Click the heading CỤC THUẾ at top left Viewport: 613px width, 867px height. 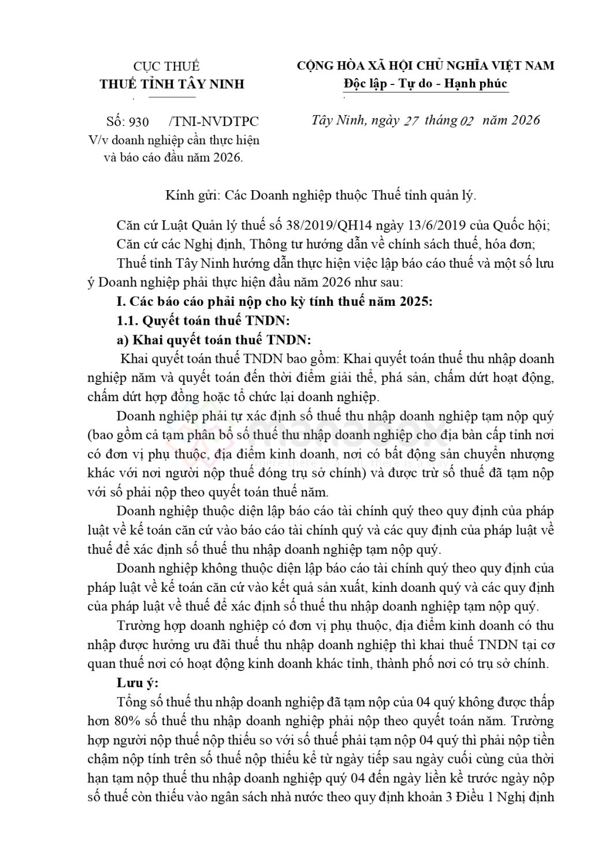(166, 66)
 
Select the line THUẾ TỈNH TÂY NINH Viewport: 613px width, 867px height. (172, 84)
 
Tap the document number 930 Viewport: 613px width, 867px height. (139, 121)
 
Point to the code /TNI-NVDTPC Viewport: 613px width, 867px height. (214, 121)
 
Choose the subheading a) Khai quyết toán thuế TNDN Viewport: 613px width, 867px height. (213, 339)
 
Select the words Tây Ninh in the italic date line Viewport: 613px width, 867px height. (337, 120)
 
